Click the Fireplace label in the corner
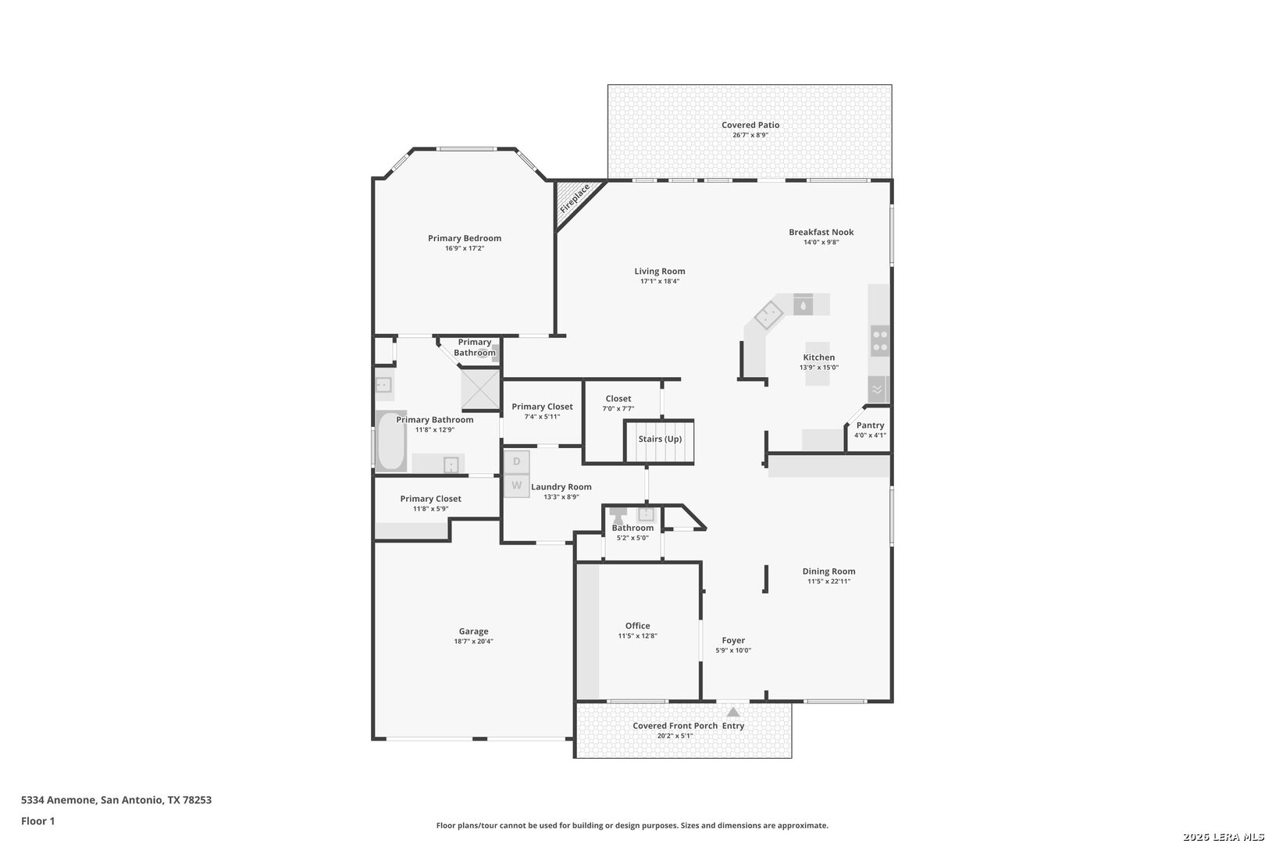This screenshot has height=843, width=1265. point(575,198)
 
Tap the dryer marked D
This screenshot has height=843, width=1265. point(516,462)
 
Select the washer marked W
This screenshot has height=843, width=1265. point(516,486)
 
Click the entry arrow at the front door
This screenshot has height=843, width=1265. point(733,712)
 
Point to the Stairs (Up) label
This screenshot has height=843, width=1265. point(660,439)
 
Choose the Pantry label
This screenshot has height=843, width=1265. point(870,425)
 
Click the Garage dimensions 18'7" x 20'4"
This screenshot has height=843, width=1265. point(473,641)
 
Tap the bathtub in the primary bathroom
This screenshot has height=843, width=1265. point(390,441)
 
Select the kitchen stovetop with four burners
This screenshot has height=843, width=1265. point(879,341)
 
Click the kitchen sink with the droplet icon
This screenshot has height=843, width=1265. point(803,305)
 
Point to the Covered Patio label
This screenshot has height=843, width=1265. point(750,125)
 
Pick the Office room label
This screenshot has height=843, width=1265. point(638,626)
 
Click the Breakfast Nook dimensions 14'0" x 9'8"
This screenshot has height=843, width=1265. point(821,242)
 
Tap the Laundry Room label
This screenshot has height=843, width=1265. point(561,487)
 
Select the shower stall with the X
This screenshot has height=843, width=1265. point(480,389)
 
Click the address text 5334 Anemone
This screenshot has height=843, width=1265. point(59,799)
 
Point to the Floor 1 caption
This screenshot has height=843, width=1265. point(37,821)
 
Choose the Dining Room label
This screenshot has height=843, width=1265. point(829,571)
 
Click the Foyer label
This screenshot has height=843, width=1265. point(733,640)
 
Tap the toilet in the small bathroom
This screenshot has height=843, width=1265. point(618,515)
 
